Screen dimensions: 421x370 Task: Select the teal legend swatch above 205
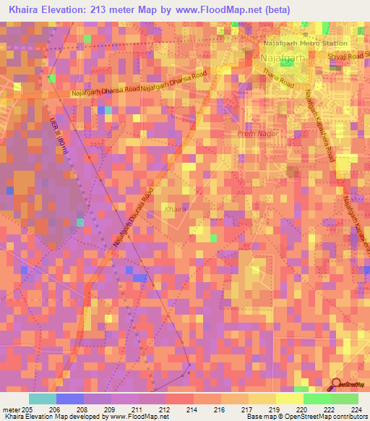[43, 398]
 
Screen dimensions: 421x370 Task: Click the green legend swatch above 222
[317, 398]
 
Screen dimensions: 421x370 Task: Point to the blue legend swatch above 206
[70, 398]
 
